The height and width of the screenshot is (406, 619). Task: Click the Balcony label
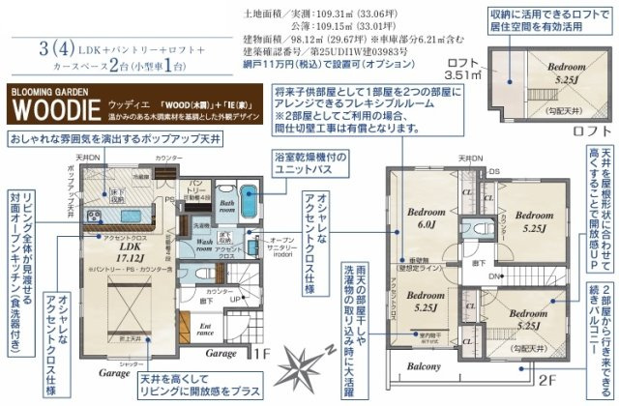pos(424,366)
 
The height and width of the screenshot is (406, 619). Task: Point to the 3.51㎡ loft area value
pos(461,73)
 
